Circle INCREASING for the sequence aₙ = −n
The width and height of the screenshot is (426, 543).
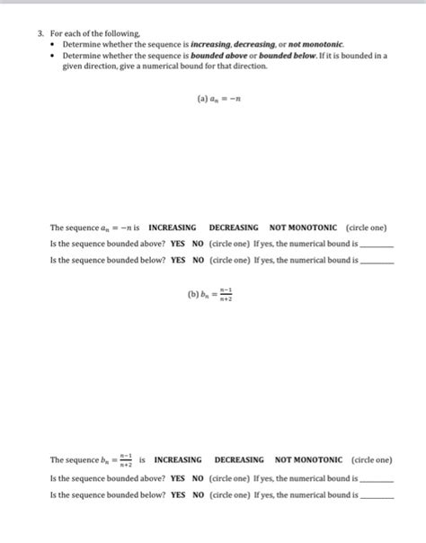(172, 228)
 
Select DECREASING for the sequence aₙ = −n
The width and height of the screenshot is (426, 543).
(234, 228)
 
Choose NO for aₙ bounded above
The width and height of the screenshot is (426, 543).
(198, 244)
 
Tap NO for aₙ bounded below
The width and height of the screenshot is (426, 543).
(198, 260)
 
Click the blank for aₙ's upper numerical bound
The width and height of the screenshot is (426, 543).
(376, 245)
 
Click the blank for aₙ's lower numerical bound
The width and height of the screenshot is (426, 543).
(376, 262)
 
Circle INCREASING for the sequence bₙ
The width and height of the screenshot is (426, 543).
(178, 459)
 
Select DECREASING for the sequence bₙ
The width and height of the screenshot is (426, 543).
(238, 459)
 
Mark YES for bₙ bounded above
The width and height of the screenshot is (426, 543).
(178, 479)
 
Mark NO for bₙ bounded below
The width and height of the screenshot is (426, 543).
(198, 494)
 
